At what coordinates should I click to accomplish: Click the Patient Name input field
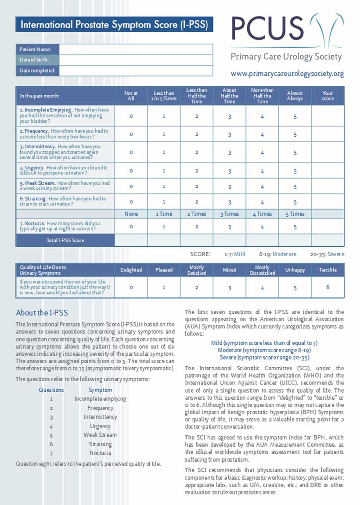tap(136, 49)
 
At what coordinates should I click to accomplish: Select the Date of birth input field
tap(136, 60)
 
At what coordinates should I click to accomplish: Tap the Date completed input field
tap(136, 71)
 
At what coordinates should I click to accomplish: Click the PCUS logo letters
tap(268, 28)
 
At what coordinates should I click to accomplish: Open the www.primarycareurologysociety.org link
tap(287, 74)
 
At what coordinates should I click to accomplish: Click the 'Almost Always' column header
tap(295, 96)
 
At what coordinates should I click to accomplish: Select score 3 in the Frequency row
tap(230, 134)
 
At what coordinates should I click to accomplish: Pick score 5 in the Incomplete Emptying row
tap(295, 116)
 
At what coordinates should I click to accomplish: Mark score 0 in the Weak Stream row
tap(131, 186)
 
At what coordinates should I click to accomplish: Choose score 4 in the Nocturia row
tap(262, 227)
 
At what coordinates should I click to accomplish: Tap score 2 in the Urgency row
tap(197, 171)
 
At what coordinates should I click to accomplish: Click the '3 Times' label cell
tap(230, 214)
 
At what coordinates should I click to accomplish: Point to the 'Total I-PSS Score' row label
tap(65, 240)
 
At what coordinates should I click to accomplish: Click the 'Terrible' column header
tap(328, 270)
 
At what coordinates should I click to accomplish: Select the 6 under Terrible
tap(328, 287)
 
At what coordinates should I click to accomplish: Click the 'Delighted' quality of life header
tap(131, 270)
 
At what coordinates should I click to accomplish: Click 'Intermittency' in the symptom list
tap(100, 417)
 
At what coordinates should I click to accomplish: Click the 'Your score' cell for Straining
tap(328, 202)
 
